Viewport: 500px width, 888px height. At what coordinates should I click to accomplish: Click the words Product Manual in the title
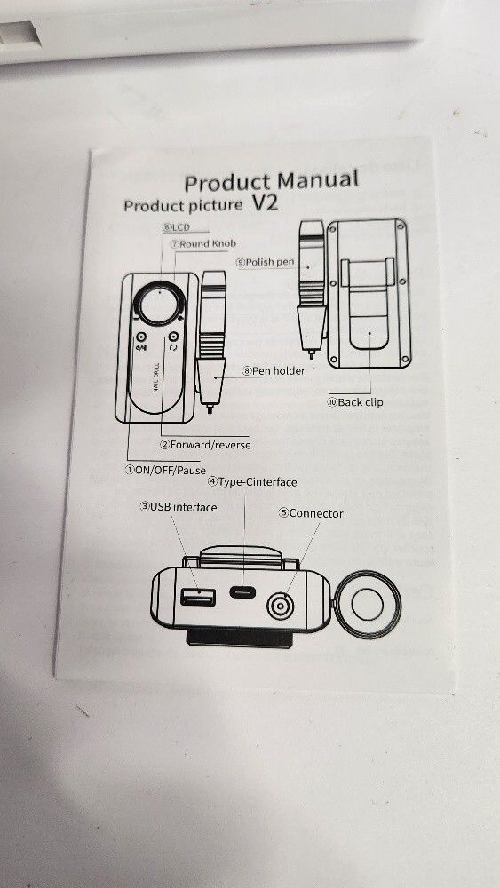(x=271, y=180)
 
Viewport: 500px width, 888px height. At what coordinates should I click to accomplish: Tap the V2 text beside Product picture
(x=265, y=202)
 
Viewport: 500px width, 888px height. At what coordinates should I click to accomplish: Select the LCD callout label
(x=176, y=226)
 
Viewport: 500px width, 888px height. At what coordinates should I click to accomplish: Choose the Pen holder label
(x=274, y=371)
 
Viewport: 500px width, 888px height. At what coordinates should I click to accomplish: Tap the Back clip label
(x=354, y=402)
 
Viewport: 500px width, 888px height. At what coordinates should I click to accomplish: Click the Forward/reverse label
(x=205, y=445)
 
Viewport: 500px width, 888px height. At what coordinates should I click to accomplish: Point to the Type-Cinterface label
(x=252, y=482)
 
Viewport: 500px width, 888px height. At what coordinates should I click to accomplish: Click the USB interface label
(x=179, y=507)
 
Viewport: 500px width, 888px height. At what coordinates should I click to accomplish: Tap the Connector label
(x=311, y=513)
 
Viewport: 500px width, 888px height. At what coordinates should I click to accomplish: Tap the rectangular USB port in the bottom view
(x=198, y=597)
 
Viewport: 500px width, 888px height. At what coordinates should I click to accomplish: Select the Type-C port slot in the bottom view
(x=243, y=592)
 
